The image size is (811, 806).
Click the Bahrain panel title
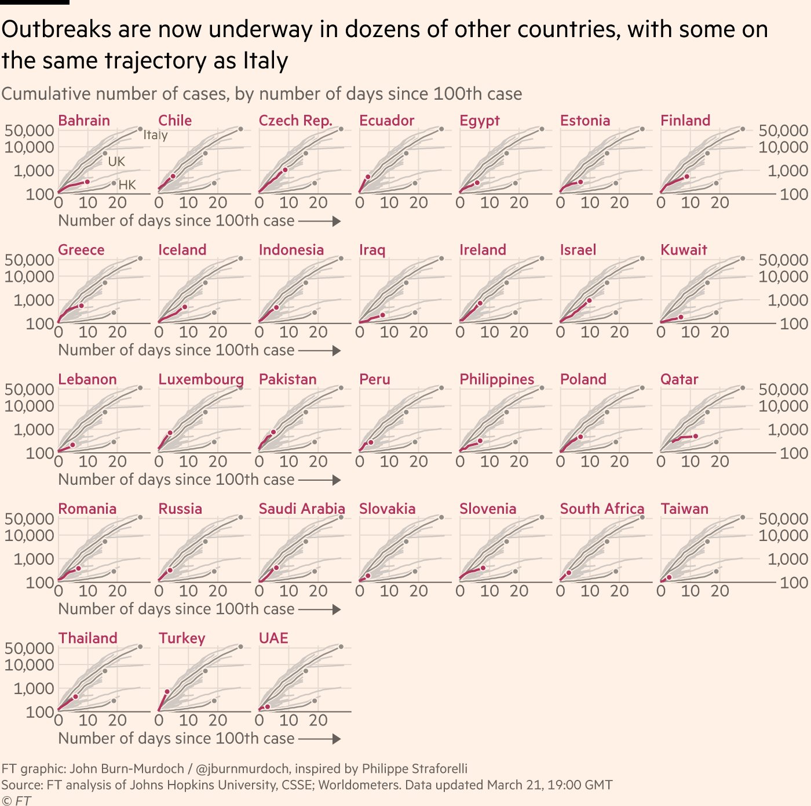84,121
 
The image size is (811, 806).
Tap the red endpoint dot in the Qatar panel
696,436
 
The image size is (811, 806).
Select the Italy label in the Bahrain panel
155,135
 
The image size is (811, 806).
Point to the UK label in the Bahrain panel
116,162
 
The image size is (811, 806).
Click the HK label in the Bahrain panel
127,185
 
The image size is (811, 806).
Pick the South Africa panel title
602,509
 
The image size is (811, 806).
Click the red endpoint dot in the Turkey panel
167,692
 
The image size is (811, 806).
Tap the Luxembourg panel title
200,379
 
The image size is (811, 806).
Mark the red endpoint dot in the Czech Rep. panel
286,170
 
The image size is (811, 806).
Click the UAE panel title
273,638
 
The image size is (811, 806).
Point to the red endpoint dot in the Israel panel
589,300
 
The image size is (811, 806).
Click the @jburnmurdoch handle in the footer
242,769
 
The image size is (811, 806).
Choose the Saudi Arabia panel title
302,509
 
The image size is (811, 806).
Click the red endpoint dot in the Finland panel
687,176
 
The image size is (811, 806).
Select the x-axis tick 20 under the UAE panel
318,720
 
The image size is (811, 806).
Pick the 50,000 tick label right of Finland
783,130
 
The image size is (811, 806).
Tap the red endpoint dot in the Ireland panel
480,303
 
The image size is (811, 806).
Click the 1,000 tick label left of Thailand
34,689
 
